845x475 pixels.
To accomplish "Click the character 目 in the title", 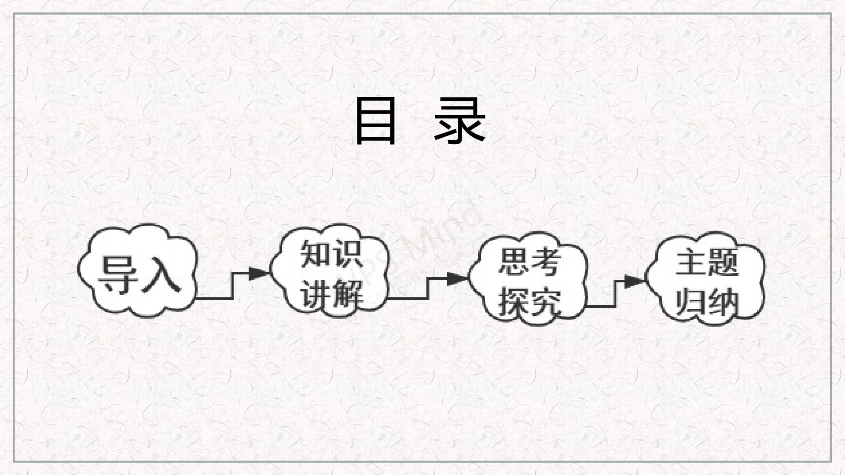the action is coord(375,121).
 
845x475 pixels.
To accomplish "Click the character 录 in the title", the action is coord(459,121).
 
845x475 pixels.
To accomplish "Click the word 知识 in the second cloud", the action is coord(331,254).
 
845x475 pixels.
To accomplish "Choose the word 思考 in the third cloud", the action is coord(529,263).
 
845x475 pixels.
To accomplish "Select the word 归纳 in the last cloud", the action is coord(707,302).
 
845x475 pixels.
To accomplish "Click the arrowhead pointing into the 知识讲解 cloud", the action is coord(259,274).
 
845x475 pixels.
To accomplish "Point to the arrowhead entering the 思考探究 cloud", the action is coord(457,278).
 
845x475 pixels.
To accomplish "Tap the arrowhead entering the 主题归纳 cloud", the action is coord(635,281).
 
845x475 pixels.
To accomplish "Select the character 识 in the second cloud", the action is coord(348,254).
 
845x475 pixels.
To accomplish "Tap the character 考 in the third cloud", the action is coord(545,263).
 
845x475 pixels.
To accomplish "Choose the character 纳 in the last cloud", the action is coord(723,302).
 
